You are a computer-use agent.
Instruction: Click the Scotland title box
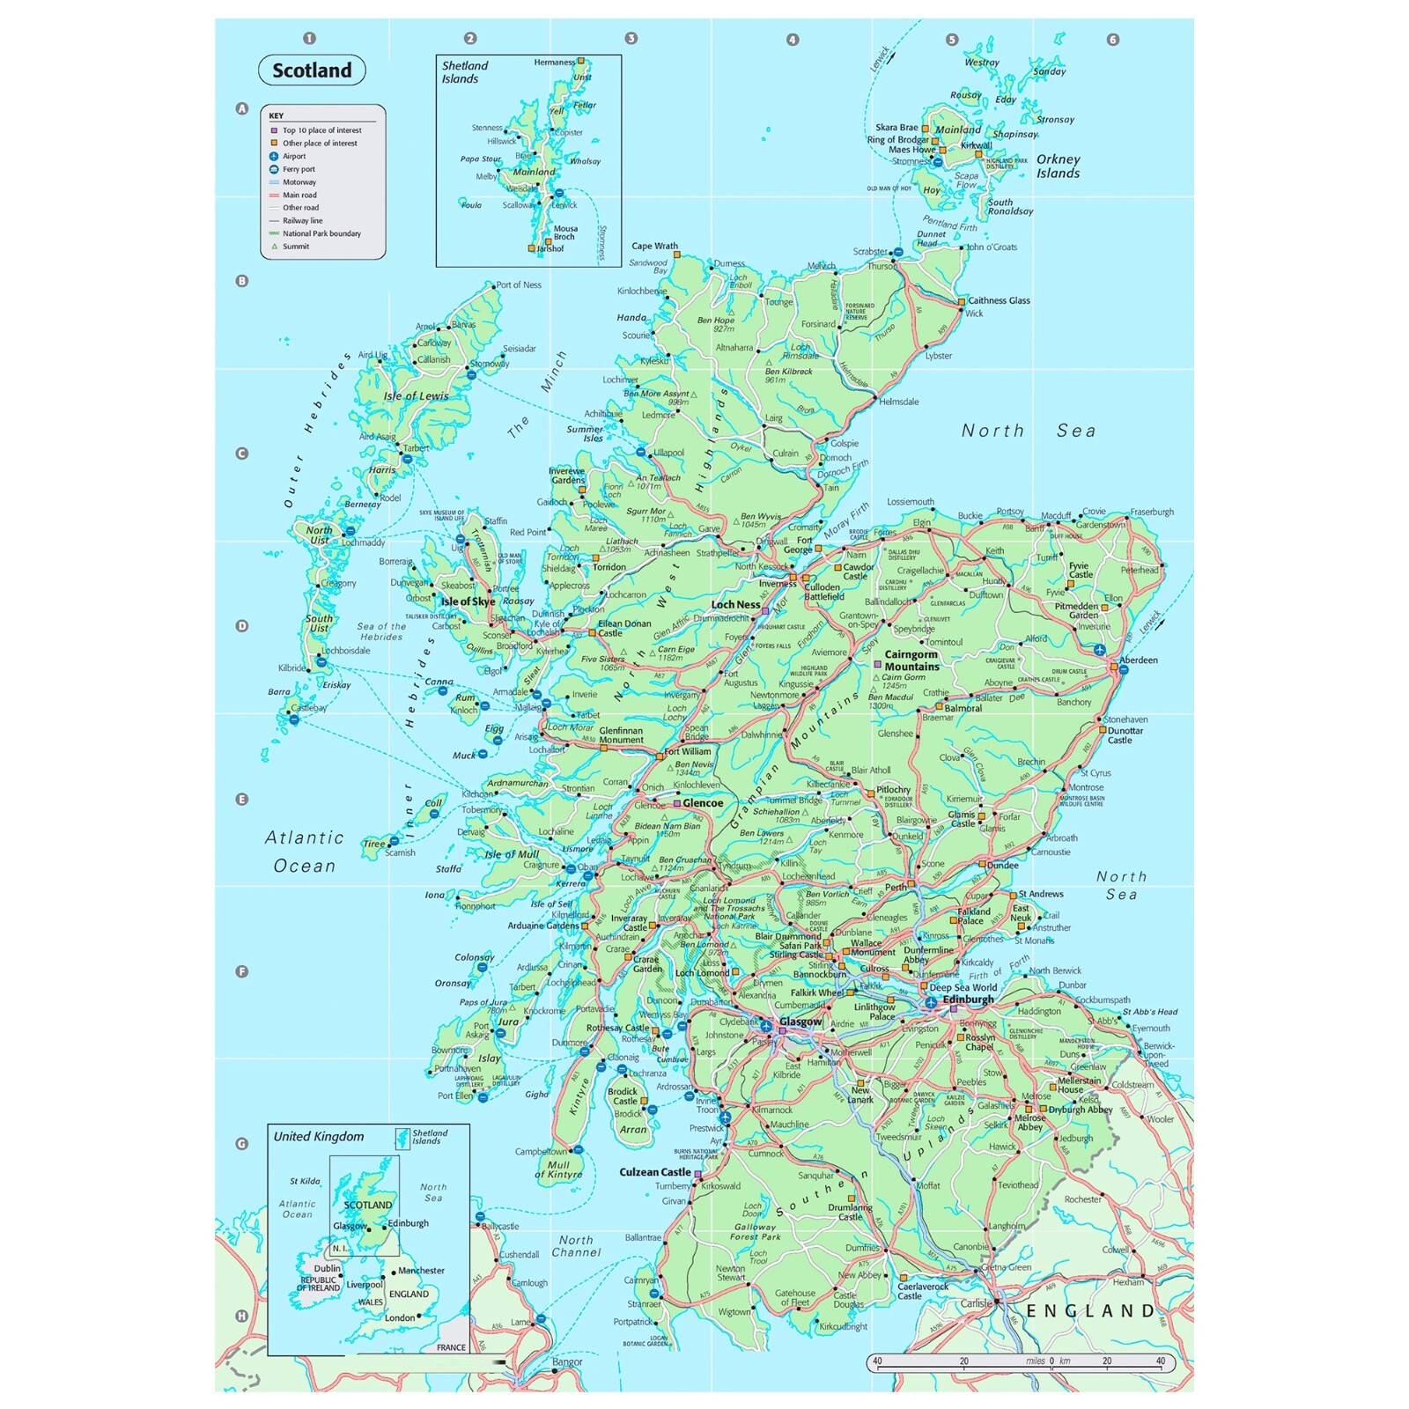coord(312,70)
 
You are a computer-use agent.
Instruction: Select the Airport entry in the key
coord(293,156)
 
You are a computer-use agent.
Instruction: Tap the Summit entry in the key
coord(295,247)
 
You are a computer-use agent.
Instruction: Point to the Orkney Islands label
coord(1058,166)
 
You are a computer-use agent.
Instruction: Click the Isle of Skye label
coord(468,601)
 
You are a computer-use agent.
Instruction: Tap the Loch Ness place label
coord(735,605)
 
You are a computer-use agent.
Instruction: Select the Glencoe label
coord(703,803)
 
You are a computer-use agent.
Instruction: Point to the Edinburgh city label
coord(968,1000)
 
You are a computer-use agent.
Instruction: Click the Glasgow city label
coord(800,1022)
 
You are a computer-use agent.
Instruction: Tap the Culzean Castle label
coord(654,1172)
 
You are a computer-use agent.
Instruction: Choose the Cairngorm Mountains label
coord(911,660)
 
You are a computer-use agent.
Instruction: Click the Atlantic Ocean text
coord(304,852)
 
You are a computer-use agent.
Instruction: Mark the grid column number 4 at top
coord(793,40)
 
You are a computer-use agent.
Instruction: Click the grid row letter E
coord(241,800)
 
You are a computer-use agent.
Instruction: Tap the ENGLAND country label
coord(1090,1311)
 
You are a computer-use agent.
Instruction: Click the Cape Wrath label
coord(654,247)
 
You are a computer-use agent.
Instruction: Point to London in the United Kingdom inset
coord(399,1318)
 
